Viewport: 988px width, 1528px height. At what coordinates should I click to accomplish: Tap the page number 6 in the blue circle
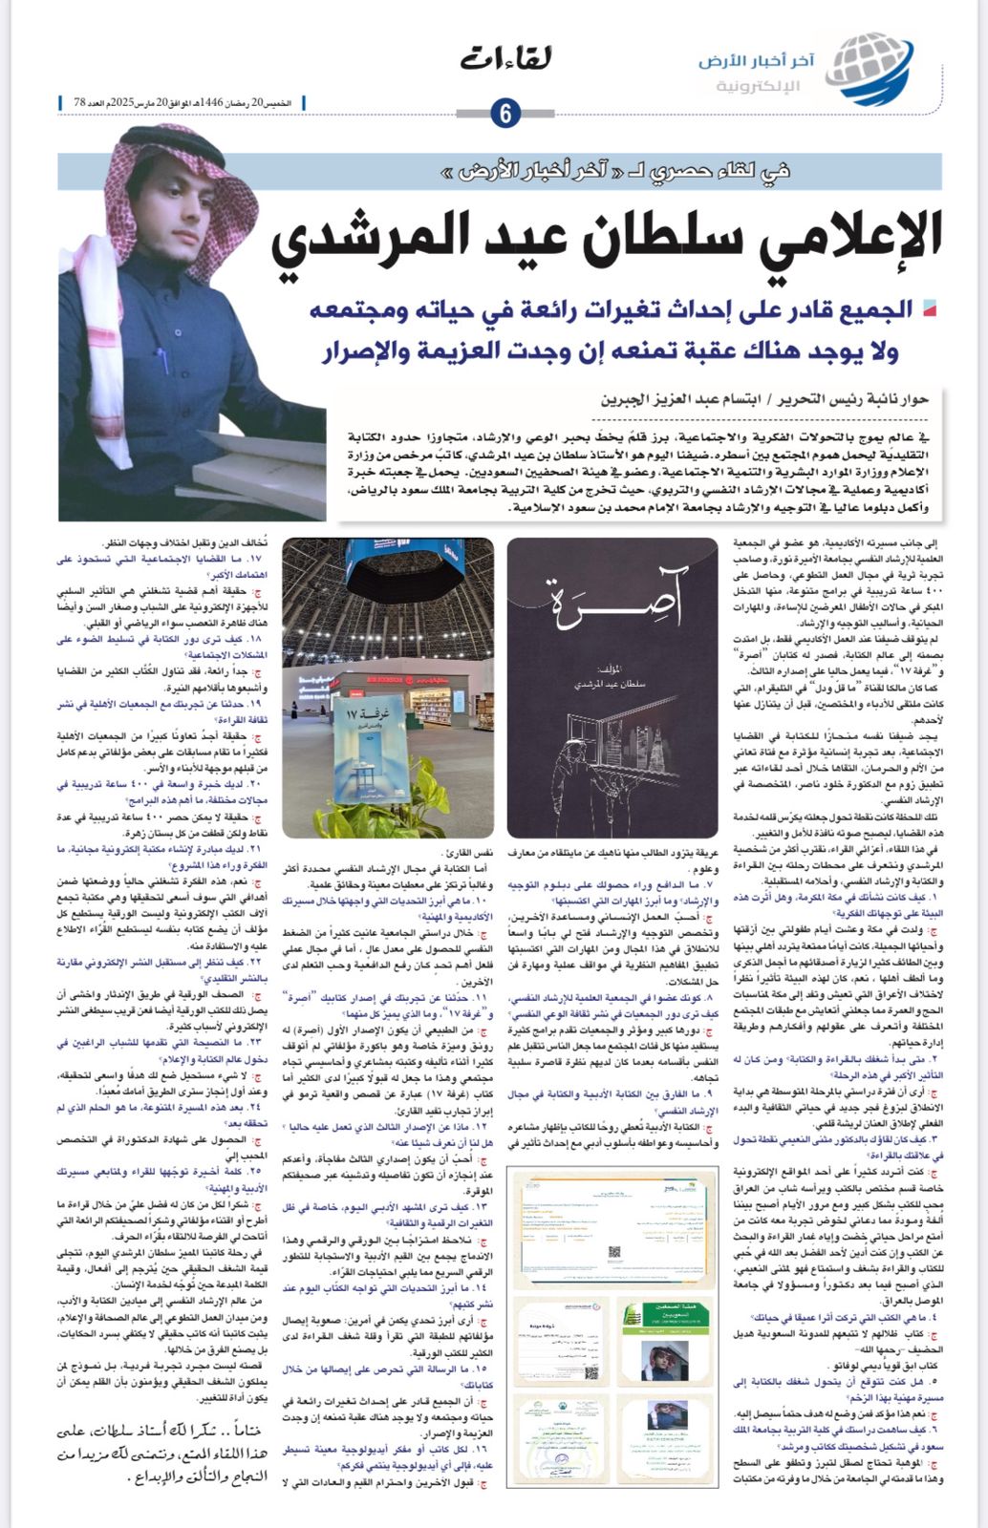(x=505, y=114)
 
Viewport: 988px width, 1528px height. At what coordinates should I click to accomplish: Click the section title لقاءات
(x=506, y=59)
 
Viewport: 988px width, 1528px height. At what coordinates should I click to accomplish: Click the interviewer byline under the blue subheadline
(x=764, y=399)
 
